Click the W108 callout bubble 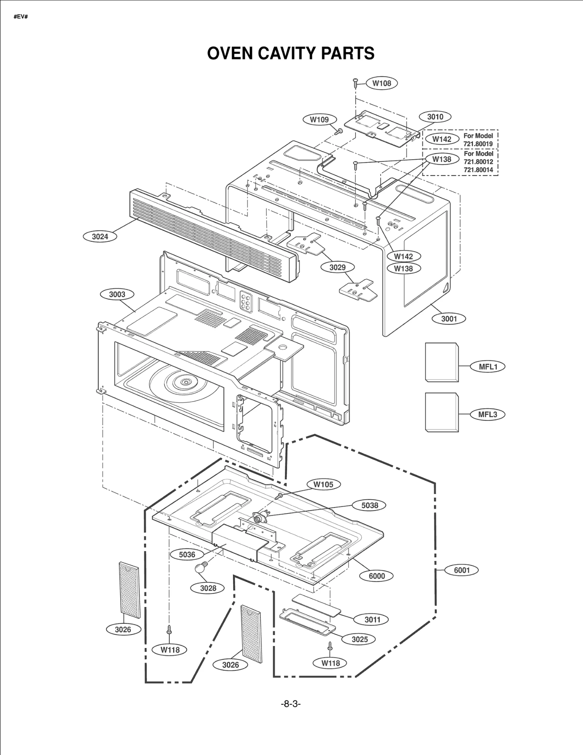[x=382, y=83]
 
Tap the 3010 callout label [x=435, y=117]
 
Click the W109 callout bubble [x=319, y=119]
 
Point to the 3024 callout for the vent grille [x=100, y=237]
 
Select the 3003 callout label [x=117, y=294]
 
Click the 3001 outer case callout [x=449, y=319]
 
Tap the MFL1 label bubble [x=488, y=367]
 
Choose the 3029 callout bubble [x=337, y=267]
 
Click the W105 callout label [x=323, y=484]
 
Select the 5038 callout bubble [x=369, y=505]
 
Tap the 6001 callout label [x=462, y=570]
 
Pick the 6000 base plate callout [x=376, y=576]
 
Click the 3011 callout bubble [x=372, y=620]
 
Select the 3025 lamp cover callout [x=359, y=639]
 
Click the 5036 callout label [x=187, y=554]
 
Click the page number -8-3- [x=291, y=704]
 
